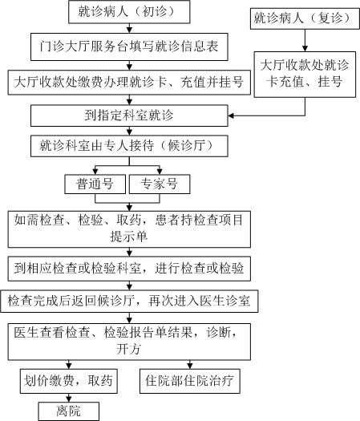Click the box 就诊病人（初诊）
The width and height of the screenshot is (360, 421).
[x=129, y=12]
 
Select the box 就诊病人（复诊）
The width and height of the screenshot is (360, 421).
[x=305, y=18]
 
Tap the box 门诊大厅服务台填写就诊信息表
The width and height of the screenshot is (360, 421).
[x=129, y=47]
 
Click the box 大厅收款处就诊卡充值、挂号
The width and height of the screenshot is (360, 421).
[x=305, y=75]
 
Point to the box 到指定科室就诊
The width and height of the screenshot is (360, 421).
[x=129, y=115]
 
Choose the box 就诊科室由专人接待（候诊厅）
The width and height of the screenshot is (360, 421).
[x=129, y=146]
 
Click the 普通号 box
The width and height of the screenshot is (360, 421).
[x=95, y=184]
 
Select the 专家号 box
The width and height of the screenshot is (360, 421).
[x=160, y=184]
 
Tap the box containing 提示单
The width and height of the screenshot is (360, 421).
[x=129, y=229]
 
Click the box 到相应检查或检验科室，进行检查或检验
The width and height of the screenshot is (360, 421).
[x=129, y=269]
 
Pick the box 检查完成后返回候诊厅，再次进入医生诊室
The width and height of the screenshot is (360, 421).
[x=129, y=301]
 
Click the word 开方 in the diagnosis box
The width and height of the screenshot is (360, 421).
[x=128, y=349]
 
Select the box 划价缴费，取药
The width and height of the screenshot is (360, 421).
[x=69, y=381]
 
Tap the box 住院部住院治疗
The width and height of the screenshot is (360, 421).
[x=190, y=381]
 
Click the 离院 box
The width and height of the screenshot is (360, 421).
[x=69, y=411]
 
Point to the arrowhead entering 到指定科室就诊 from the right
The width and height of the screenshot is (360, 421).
[x=231, y=115]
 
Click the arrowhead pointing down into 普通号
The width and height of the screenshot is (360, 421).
[x=95, y=172]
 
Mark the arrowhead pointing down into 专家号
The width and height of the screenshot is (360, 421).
[x=160, y=172]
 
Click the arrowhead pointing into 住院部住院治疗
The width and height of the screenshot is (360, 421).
[x=190, y=366]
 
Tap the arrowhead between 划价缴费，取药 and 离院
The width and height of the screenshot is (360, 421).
[x=69, y=399]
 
